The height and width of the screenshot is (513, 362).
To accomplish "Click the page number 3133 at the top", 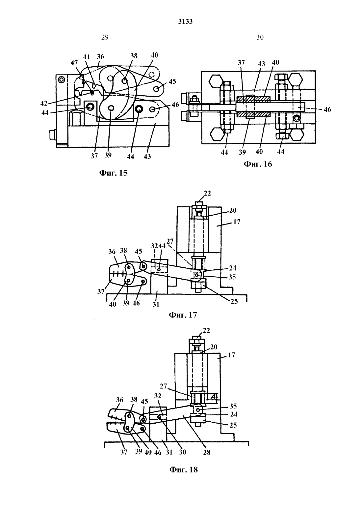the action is point(185,21).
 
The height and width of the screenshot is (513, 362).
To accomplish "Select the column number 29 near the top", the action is point(105,37).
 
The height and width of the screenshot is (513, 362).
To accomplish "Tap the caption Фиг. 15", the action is point(113,173).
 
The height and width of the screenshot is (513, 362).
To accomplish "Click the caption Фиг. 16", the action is point(258,164).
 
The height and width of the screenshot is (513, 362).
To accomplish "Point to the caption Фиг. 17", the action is point(183,315).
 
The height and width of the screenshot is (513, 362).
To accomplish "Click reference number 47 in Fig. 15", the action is point(74,63).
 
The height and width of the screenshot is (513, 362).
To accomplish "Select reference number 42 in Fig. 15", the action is point(44,104).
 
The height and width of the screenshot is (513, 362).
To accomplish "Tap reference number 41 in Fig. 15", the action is point(86,57).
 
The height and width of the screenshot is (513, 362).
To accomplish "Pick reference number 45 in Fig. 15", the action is point(172,81).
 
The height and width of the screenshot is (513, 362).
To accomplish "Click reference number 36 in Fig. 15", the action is point(100,57).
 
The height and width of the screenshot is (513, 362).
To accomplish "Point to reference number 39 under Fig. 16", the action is point(242,152).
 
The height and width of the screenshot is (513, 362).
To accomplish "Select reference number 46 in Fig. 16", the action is point(327,109).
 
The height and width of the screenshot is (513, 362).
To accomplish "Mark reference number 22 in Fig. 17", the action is point(207,193).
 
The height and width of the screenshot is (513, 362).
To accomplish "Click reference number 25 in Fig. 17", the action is point(234,301).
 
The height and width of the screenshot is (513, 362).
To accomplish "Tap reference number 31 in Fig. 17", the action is point(156,305).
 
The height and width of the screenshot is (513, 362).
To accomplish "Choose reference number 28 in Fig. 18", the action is point(207,452).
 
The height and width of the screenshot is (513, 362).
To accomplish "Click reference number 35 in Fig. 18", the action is point(233,406).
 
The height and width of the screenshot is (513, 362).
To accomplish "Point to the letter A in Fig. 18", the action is point(214,396).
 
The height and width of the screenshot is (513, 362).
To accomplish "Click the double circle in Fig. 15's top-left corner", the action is point(61,80).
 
